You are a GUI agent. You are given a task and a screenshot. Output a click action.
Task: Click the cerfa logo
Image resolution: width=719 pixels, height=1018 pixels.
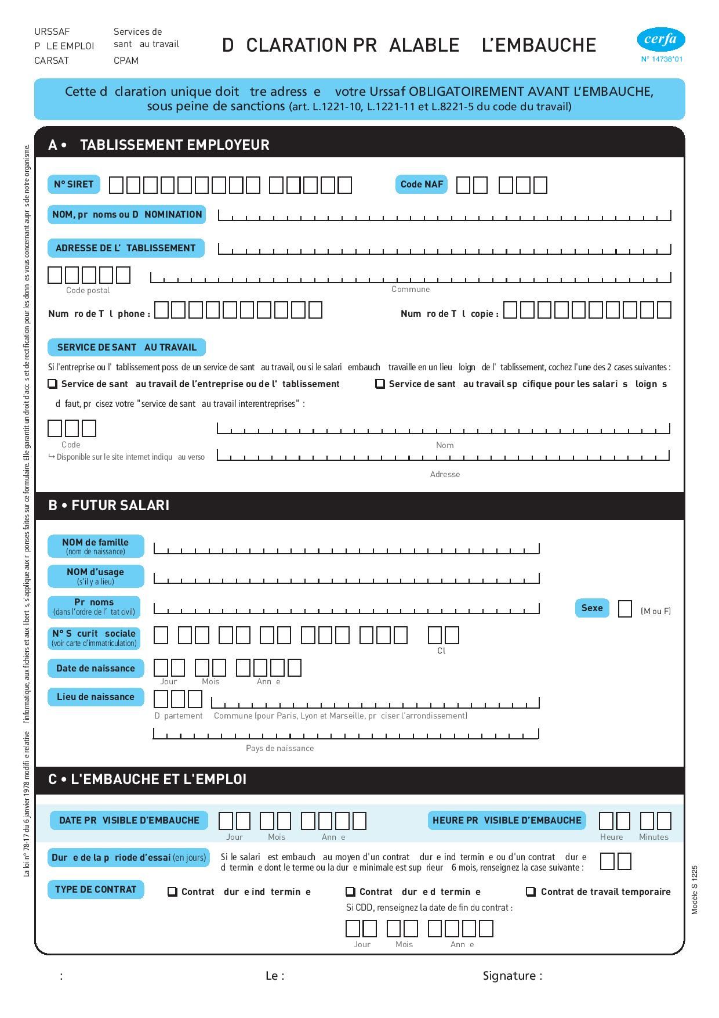(x=661, y=40)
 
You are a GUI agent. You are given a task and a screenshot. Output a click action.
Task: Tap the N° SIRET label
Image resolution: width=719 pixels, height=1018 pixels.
(x=74, y=185)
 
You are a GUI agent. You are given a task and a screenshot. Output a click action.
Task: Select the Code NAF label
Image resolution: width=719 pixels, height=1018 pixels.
(x=422, y=185)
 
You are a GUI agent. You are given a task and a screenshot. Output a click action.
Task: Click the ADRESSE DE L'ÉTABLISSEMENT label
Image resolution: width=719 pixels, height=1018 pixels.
(x=126, y=248)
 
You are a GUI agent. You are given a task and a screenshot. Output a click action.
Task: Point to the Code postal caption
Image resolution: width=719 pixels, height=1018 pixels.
(x=88, y=290)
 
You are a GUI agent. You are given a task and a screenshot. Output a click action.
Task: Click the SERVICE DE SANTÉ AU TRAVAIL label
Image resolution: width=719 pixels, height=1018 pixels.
(x=126, y=348)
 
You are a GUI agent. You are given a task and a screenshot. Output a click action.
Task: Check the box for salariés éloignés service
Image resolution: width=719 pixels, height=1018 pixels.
(x=380, y=384)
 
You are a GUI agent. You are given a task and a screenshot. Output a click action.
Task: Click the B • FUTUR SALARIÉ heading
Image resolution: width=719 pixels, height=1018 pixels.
(x=109, y=506)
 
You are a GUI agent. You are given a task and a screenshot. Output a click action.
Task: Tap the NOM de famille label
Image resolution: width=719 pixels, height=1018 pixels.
(x=96, y=546)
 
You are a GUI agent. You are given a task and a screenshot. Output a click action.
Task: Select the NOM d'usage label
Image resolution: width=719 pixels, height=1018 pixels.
(x=96, y=576)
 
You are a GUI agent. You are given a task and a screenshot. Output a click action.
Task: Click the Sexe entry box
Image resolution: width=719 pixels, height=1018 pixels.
(x=625, y=609)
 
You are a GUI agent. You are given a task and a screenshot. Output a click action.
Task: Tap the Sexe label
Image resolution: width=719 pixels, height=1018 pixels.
(x=592, y=608)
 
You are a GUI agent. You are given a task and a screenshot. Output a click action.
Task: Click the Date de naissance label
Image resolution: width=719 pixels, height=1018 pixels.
(x=96, y=669)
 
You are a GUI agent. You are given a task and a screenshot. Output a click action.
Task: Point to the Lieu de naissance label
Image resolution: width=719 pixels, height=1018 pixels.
(x=96, y=697)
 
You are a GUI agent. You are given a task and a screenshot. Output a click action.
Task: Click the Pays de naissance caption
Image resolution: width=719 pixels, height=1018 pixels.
(x=279, y=748)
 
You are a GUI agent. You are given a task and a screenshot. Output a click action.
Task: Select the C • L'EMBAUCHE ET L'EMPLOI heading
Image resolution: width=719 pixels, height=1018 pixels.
(x=147, y=779)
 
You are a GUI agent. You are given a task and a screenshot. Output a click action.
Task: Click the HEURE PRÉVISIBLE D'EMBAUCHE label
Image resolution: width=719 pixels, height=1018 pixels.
(x=507, y=821)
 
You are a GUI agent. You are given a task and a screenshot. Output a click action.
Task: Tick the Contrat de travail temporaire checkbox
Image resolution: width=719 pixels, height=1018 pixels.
(x=531, y=891)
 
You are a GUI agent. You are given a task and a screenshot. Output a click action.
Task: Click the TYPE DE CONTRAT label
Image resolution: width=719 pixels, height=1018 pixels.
(x=96, y=890)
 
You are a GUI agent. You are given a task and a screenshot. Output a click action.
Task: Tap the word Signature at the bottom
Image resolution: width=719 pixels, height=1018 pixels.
(x=512, y=976)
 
